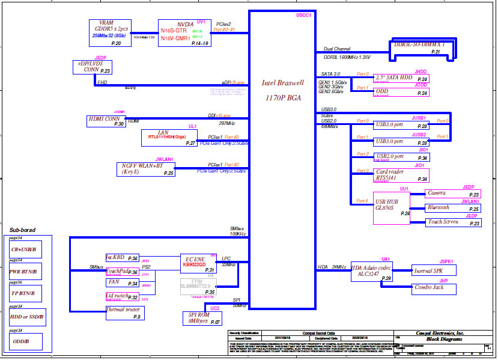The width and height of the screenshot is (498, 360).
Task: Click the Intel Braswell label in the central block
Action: coord(283,83)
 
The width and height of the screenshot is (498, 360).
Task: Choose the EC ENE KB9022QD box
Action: coord(199,263)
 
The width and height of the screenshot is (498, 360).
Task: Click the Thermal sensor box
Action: coord(125,313)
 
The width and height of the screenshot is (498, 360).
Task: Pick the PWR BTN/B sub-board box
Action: coord(26,271)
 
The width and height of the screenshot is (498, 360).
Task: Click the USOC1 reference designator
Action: coord(304,15)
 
